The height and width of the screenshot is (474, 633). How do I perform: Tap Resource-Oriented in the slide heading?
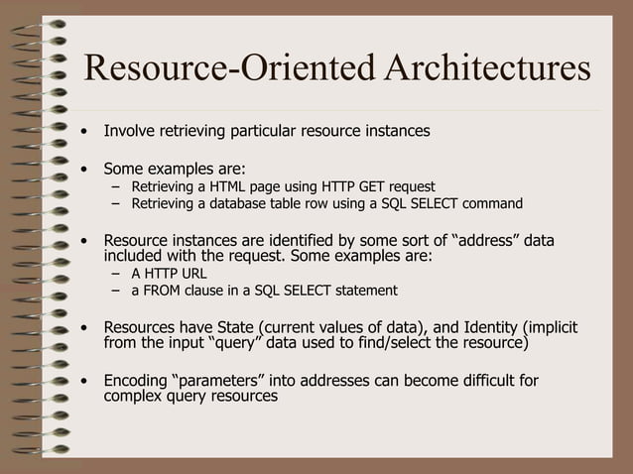pyautogui.click(x=229, y=69)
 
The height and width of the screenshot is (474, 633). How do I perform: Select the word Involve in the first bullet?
pyautogui.click(x=132, y=130)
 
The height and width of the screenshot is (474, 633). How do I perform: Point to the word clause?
pyautogui.click(x=213, y=291)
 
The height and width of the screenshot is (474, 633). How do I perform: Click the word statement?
pyautogui.click(x=362, y=291)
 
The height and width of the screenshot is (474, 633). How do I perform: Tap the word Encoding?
pyautogui.click(x=136, y=381)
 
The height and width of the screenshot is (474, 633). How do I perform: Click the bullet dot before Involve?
pyautogui.click(x=88, y=131)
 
